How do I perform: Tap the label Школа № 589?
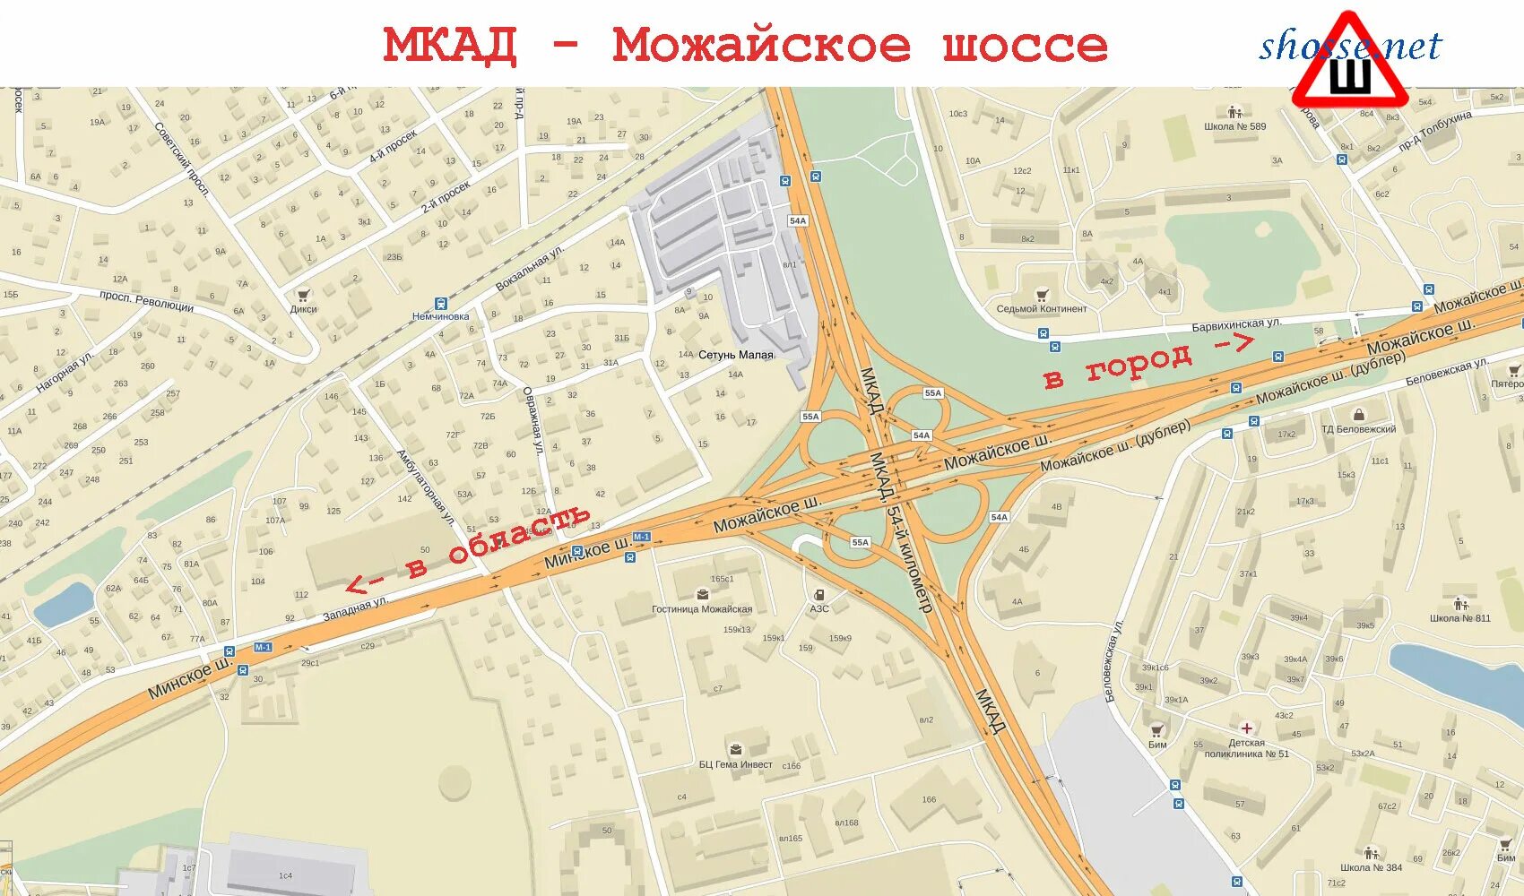pyautogui.click(x=1234, y=126)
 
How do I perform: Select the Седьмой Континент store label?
pyautogui.click(x=1041, y=308)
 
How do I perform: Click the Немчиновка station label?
pyautogui.click(x=440, y=316)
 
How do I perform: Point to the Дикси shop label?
pyautogui.click(x=303, y=309)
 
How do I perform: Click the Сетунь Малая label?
pyautogui.click(x=735, y=355)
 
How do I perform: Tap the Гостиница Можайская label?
pyautogui.click(x=701, y=609)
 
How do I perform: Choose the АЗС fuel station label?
pyautogui.click(x=819, y=608)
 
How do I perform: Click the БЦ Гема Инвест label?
pyautogui.click(x=735, y=764)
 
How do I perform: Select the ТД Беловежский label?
pyautogui.click(x=1358, y=429)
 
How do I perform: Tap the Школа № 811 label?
pyautogui.click(x=1459, y=618)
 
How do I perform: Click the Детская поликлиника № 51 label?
pyautogui.click(x=1246, y=748)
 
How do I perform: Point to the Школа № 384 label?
pyautogui.click(x=1371, y=867)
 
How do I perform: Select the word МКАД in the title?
pyautogui.click(x=450, y=46)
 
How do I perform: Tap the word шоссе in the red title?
pyautogui.click(x=1025, y=46)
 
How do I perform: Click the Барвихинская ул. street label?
pyautogui.click(x=1236, y=324)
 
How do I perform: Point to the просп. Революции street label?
pyautogui.click(x=146, y=300)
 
